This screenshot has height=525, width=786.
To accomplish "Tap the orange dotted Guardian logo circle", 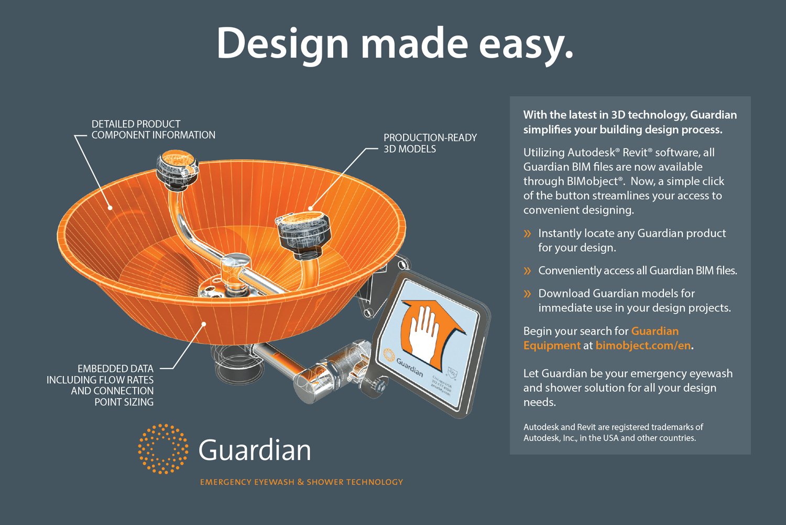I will coord(163,449).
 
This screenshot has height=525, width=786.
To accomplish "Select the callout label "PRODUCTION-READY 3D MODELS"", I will coord(430,143).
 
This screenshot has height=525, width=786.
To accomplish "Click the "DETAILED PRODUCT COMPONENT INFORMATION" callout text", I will coord(153,130).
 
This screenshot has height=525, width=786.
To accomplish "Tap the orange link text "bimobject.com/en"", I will coord(643,346).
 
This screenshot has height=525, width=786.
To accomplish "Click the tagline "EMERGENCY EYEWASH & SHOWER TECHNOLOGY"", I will coord(301,482).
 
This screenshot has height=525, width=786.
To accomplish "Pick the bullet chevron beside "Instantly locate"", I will coord(528,234).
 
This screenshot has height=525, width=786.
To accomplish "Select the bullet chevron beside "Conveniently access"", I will coord(528,271).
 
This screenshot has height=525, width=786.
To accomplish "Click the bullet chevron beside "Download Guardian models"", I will coord(528,294).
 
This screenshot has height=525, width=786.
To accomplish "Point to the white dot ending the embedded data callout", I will coord(204,324).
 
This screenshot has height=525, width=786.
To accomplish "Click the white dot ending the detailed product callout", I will coord(111,208).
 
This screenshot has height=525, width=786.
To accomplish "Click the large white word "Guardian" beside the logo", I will coord(255,450).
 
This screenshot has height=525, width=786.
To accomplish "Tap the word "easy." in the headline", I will coord(526,44).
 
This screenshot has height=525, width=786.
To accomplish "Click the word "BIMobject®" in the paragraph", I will coord(595,181).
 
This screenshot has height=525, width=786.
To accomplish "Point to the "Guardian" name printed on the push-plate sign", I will coord(409,367).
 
